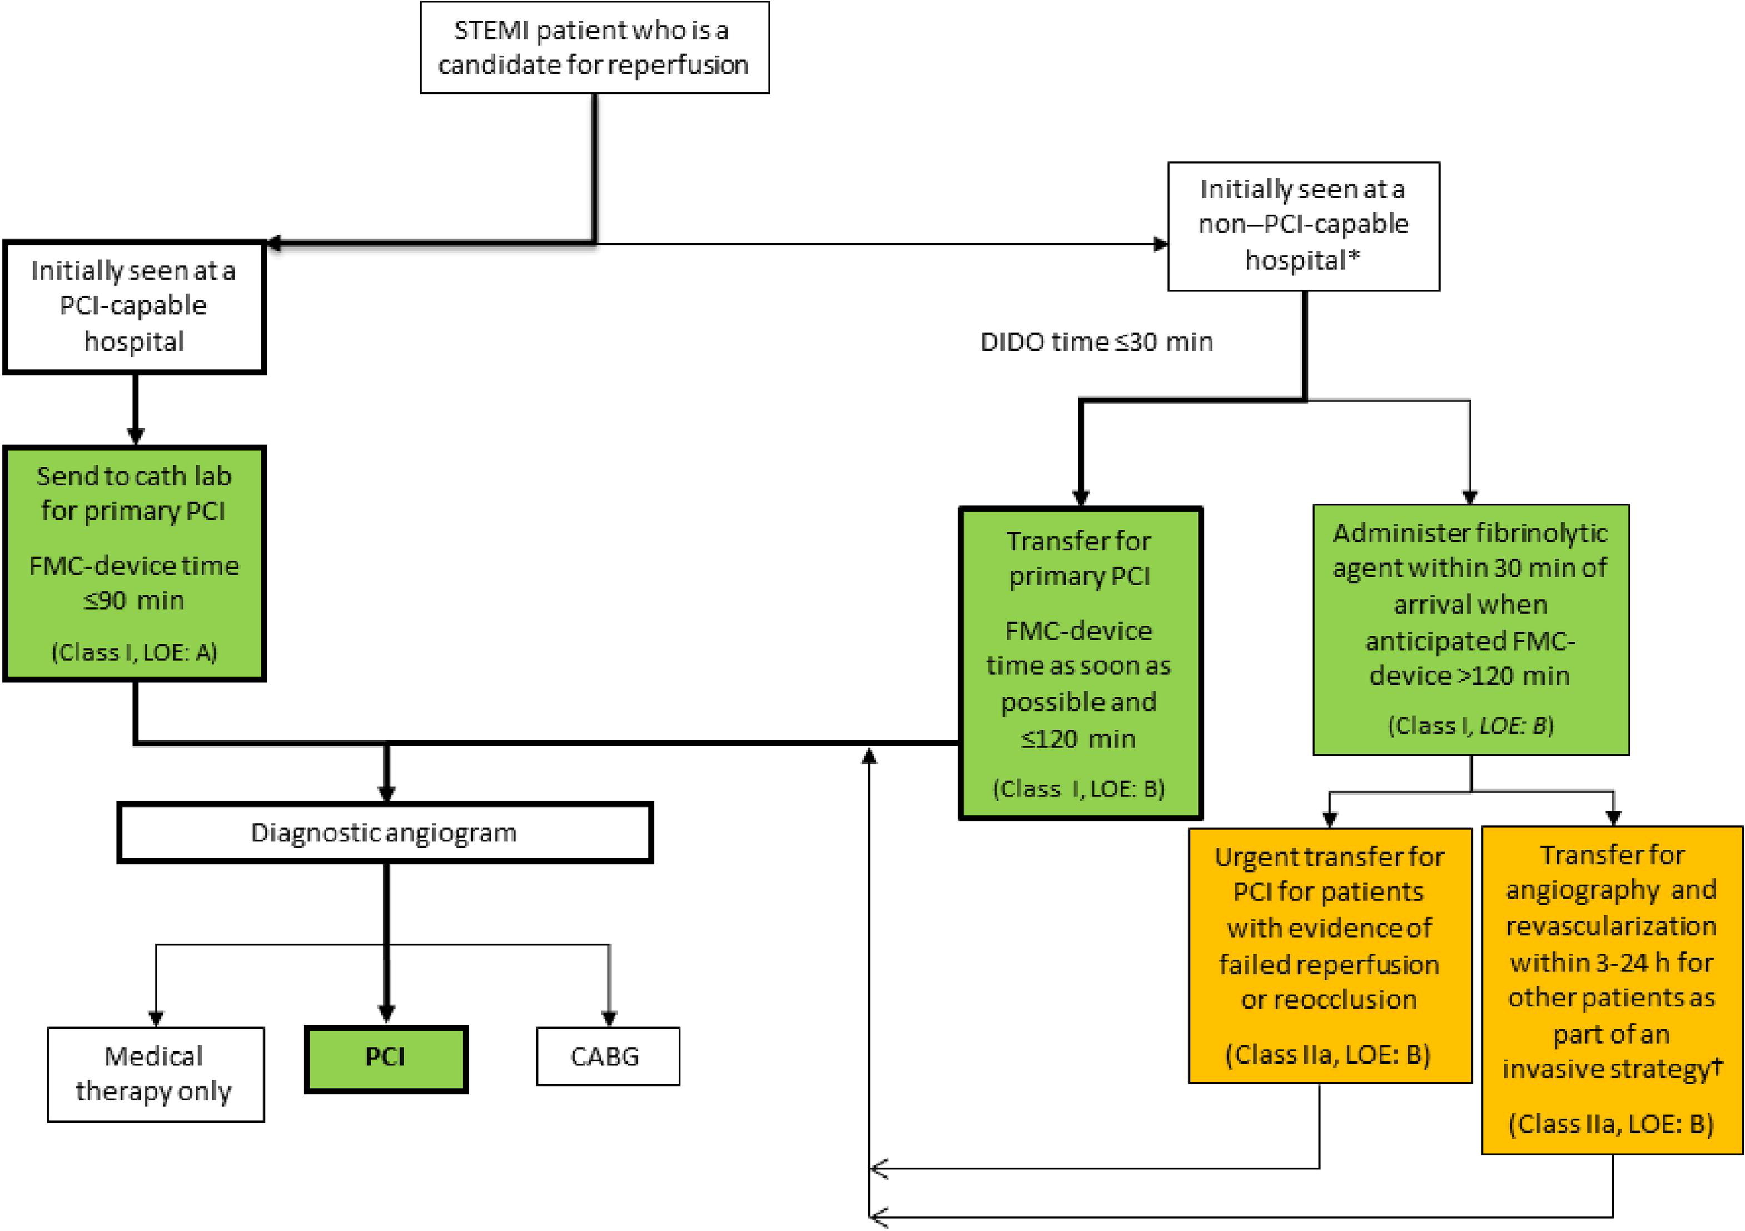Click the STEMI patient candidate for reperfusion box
[594, 47]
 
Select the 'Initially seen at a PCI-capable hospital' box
[134, 306]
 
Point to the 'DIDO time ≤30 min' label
[1096, 342]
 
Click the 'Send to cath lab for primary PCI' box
[134, 562]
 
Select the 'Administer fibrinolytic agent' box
[1470, 629]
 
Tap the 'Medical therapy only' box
[155, 1074]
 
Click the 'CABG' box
[607, 1056]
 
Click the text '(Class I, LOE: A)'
[134, 652]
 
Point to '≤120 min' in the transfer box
[1078, 739]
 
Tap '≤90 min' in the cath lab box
[134, 600]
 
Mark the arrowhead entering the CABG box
[609, 1018]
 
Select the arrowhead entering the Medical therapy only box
[156, 1018]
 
